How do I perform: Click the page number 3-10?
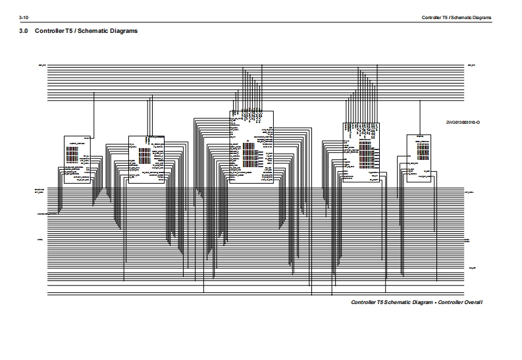(x=24, y=16)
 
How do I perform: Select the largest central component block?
(x=251, y=148)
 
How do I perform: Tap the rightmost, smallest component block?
(x=419, y=158)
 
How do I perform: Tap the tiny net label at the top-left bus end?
(x=43, y=66)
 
